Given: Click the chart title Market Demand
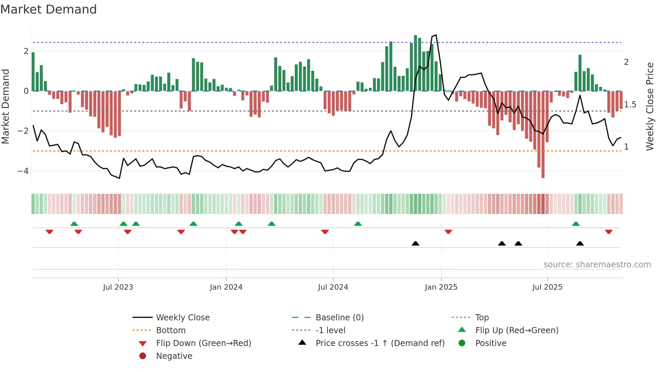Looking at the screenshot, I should (x=49, y=9).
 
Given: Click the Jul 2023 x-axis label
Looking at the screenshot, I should (x=118, y=287).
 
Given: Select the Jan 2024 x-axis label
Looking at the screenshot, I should (x=226, y=287).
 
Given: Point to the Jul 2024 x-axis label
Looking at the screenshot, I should (x=333, y=287).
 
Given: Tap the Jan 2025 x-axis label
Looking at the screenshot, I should (x=441, y=287).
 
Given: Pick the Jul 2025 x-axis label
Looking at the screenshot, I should (x=547, y=287).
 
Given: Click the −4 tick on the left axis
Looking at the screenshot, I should (x=23, y=171).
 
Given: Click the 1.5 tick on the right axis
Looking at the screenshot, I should (x=630, y=105).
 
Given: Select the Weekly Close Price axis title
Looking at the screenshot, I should (x=650, y=106).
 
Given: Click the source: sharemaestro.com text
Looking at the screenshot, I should (x=597, y=265).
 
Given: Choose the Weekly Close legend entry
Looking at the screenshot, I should (x=182, y=318).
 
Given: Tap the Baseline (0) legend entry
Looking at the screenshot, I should (x=339, y=318).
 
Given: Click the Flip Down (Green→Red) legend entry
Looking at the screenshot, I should (x=203, y=343).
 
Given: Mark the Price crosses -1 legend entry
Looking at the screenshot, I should (x=380, y=343).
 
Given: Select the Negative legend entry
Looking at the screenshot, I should (x=174, y=356).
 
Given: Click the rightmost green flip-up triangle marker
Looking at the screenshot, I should (x=576, y=224).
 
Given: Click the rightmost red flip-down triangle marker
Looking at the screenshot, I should (x=609, y=232).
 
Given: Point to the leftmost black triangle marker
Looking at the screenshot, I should (x=415, y=243).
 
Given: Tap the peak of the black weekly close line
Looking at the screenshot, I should (x=436, y=35).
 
